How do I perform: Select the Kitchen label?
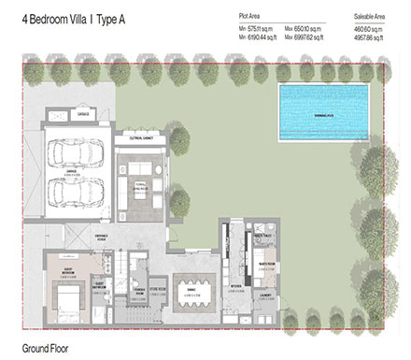coord(237,285)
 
